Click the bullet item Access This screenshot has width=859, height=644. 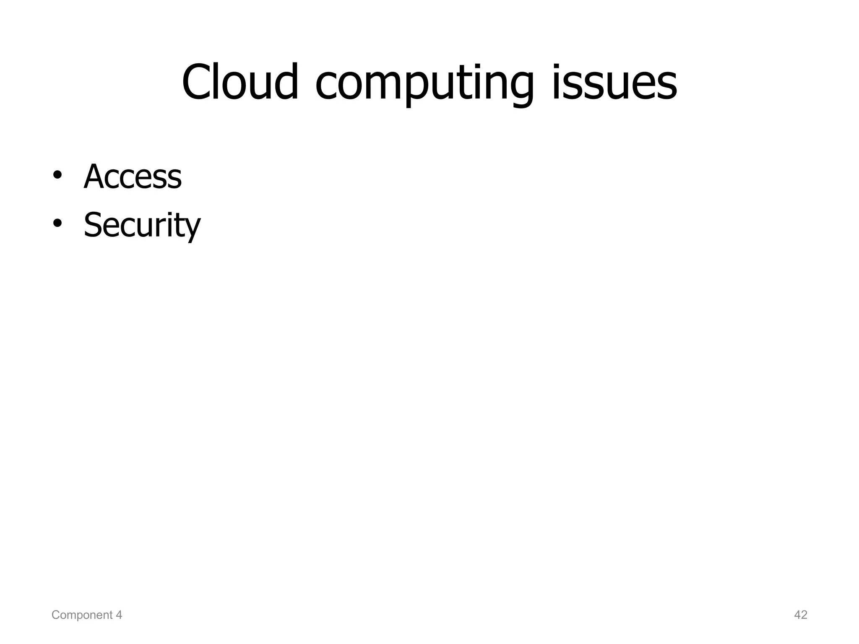133,177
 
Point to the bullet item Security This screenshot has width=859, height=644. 142,225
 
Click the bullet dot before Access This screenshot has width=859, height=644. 57,175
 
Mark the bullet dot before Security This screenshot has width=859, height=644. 57,223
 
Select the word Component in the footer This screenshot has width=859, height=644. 82,615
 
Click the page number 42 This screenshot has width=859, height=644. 801,615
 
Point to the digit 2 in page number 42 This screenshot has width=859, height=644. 804,615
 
